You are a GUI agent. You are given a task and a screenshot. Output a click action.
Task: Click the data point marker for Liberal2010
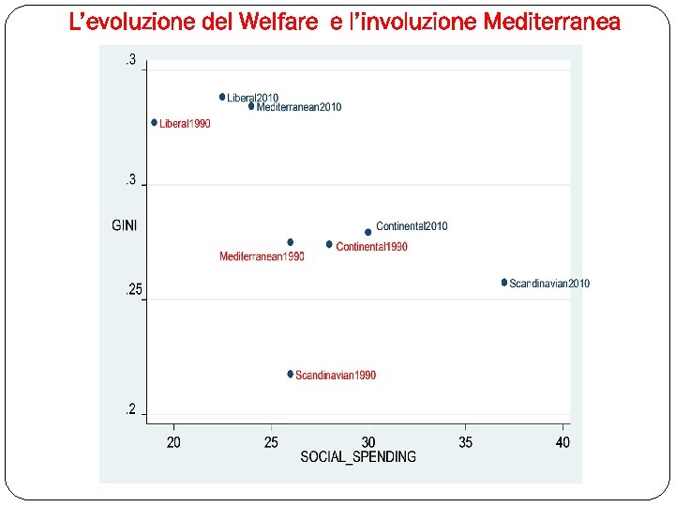[x=222, y=97]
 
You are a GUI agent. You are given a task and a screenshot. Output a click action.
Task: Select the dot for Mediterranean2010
[x=251, y=106]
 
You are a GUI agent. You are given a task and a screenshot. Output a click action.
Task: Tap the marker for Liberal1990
[x=155, y=122]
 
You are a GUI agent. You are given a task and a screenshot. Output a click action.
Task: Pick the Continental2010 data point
[x=368, y=232]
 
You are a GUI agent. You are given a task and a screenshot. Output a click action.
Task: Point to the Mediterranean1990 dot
[x=291, y=242]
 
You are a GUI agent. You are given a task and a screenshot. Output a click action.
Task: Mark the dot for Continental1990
[x=329, y=244]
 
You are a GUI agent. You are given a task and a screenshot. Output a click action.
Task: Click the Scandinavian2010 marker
[x=504, y=282]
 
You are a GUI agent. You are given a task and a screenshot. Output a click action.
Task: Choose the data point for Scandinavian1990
[x=291, y=374]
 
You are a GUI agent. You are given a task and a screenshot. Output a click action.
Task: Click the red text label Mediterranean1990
[x=262, y=256]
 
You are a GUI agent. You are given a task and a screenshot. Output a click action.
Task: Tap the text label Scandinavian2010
[x=549, y=284]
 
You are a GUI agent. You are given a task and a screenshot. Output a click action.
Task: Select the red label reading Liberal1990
[x=185, y=124]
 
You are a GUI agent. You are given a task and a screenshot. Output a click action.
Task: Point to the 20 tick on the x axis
[x=174, y=441]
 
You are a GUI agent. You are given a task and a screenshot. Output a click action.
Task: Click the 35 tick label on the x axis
[x=466, y=441]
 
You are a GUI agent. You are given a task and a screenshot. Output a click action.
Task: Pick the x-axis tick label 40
[x=562, y=441]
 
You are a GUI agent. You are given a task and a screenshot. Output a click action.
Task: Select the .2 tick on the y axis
[x=132, y=409]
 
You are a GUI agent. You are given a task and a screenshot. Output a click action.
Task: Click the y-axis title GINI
[x=125, y=225]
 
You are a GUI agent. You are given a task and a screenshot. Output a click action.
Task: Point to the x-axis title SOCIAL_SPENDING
[x=358, y=456]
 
